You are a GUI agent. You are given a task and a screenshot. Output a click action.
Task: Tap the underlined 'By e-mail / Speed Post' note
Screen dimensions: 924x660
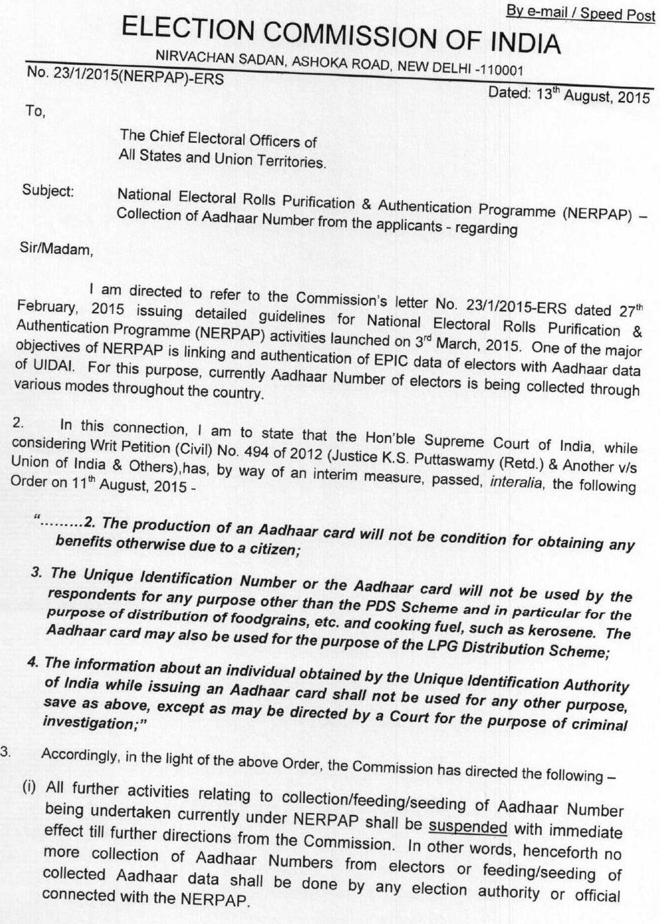pos(580,13)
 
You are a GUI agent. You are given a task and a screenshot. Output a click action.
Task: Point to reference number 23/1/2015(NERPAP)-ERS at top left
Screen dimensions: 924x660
pos(125,77)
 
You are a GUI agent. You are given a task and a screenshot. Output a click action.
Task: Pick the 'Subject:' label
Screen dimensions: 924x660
pos(48,190)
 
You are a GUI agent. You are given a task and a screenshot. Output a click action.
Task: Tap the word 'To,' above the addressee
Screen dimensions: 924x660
pos(35,111)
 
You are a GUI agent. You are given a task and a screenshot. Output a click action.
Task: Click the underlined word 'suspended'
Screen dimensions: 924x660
pos(468,827)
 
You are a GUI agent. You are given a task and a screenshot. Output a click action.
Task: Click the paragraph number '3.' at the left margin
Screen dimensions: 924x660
pos(6,751)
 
